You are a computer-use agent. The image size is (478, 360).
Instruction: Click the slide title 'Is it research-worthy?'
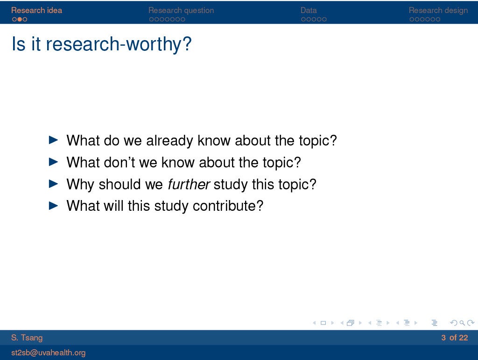coord(101,44)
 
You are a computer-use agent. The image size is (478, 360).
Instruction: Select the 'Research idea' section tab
coord(36,10)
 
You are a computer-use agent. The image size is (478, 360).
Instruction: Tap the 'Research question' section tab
coord(181,10)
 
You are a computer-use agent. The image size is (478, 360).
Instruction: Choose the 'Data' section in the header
coord(309,10)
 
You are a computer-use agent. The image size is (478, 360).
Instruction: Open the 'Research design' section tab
coord(438,10)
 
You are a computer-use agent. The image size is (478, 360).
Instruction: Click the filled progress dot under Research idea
coord(20,19)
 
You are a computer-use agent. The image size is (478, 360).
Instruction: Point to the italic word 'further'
coord(189,184)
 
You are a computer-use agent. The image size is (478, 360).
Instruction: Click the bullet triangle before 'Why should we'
coord(53,184)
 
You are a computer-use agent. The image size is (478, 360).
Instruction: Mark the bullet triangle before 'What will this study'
coord(53,206)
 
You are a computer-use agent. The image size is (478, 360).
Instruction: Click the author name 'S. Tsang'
coord(27,338)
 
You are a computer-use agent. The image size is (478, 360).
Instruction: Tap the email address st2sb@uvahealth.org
coord(48,353)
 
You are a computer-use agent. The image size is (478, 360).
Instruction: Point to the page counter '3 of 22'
coord(455,338)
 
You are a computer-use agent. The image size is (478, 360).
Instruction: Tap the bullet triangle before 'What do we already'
coord(53,140)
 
